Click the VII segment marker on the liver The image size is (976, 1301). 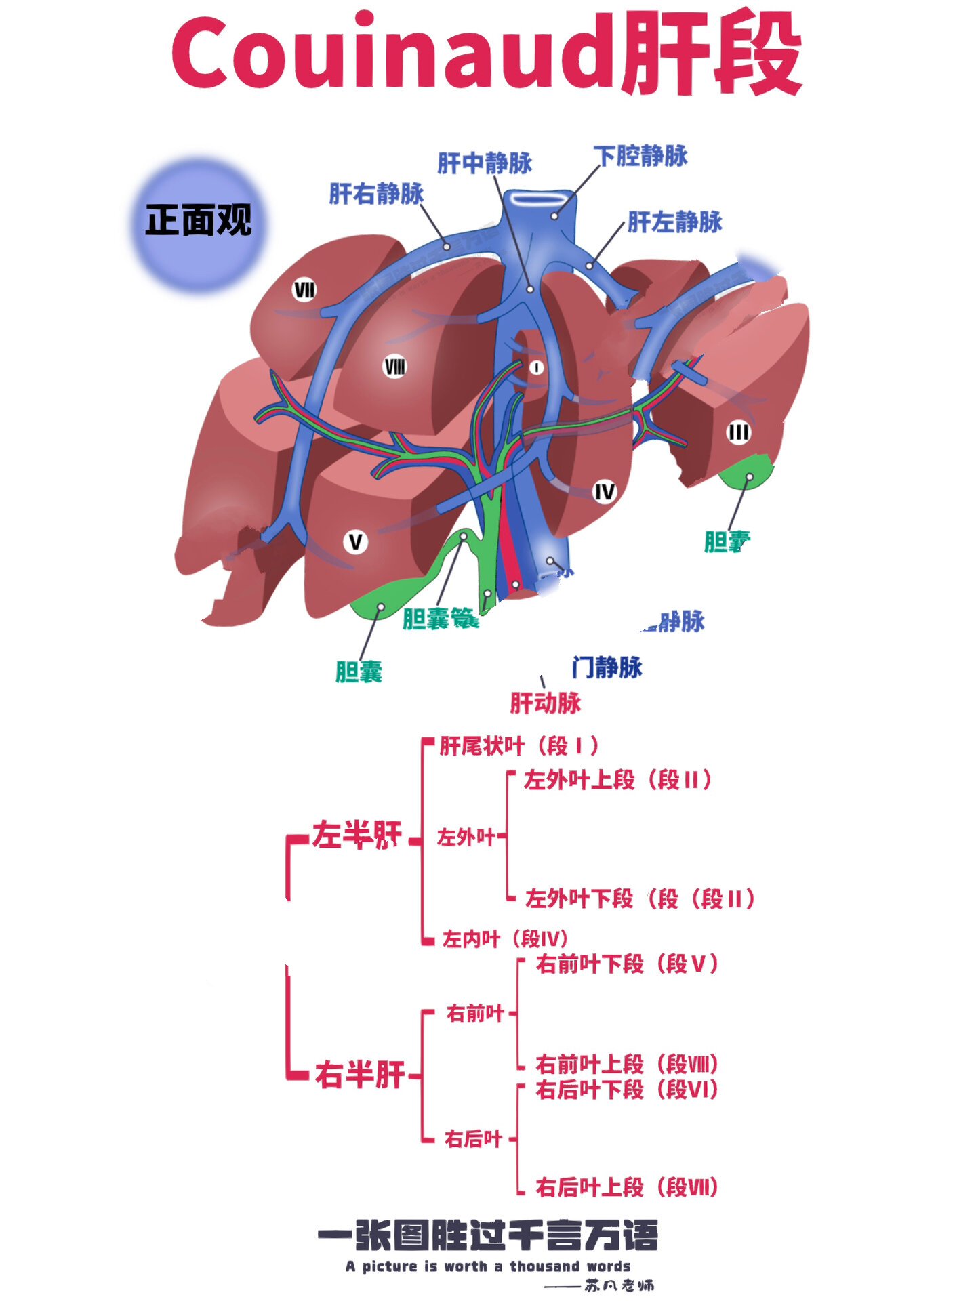[x=304, y=290]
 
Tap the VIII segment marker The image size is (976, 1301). [x=394, y=367]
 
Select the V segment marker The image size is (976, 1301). [x=355, y=542]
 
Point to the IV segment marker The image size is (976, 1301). [x=604, y=492]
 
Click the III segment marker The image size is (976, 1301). [x=738, y=432]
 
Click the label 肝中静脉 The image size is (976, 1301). [x=485, y=163]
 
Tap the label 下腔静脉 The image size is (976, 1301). [x=641, y=156]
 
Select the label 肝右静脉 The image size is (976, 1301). [x=376, y=194]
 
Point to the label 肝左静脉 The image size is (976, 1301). [x=674, y=222]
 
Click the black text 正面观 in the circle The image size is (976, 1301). [x=198, y=221]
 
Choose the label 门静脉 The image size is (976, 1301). [x=607, y=667]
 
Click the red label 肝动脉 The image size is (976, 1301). [x=546, y=703]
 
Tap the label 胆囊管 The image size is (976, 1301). [x=441, y=619]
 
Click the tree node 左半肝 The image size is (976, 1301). [x=357, y=835]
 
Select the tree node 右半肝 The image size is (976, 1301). [x=360, y=1075]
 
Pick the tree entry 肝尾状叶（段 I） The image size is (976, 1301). [x=518, y=746]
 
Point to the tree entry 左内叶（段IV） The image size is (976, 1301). [x=504, y=939]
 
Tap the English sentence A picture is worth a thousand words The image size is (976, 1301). [x=487, y=1266]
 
